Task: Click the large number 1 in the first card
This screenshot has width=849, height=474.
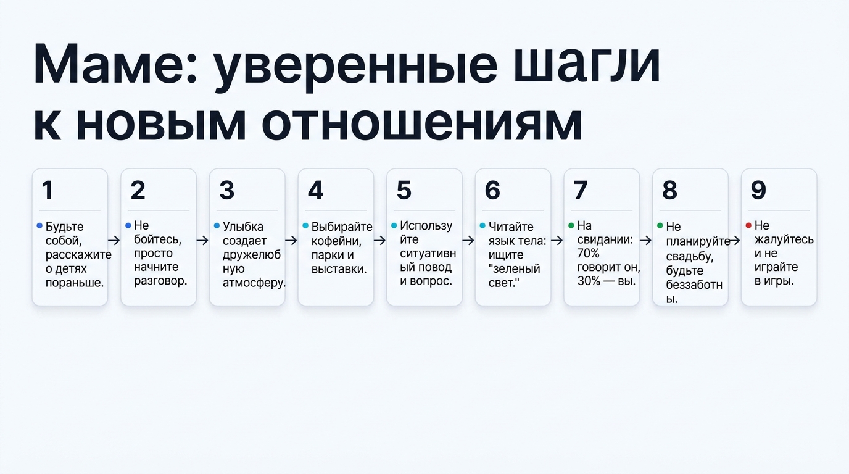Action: click(x=48, y=191)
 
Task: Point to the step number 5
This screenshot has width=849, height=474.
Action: click(x=404, y=191)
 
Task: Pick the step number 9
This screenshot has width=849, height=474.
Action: click(x=758, y=191)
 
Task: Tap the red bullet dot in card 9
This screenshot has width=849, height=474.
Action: click(x=748, y=226)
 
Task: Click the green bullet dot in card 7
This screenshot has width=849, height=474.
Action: click(x=571, y=226)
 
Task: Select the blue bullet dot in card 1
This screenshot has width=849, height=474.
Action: click(x=40, y=226)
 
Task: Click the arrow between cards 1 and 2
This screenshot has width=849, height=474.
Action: click(x=114, y=241)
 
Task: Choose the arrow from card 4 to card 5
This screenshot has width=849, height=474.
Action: click(x=379, y=241)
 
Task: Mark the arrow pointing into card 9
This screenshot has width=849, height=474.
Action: click(x=734, y=241)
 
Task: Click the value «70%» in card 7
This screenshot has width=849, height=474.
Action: click(x=588, y=253)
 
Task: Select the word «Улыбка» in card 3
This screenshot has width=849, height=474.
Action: click(x=242, y=227)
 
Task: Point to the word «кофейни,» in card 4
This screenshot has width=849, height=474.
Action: click(x=336, y=241)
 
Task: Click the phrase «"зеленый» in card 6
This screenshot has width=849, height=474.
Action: click(x=514, y=268)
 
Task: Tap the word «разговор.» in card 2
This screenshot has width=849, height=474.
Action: click(x=160, y=281)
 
